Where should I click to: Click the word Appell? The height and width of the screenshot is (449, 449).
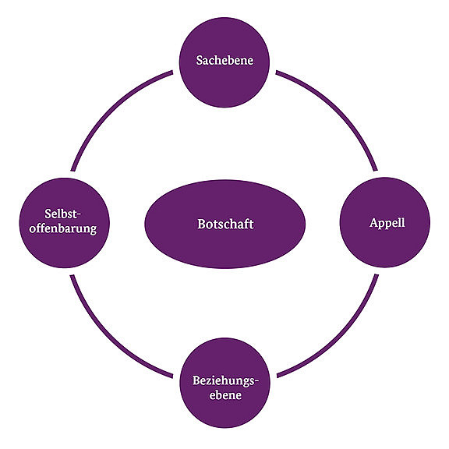pos(387,224)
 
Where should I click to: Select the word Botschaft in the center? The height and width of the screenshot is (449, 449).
pos(225,224)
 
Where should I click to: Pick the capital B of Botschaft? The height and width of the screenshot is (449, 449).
pos(201,224)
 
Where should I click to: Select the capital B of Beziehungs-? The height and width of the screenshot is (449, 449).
pos(196,380)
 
